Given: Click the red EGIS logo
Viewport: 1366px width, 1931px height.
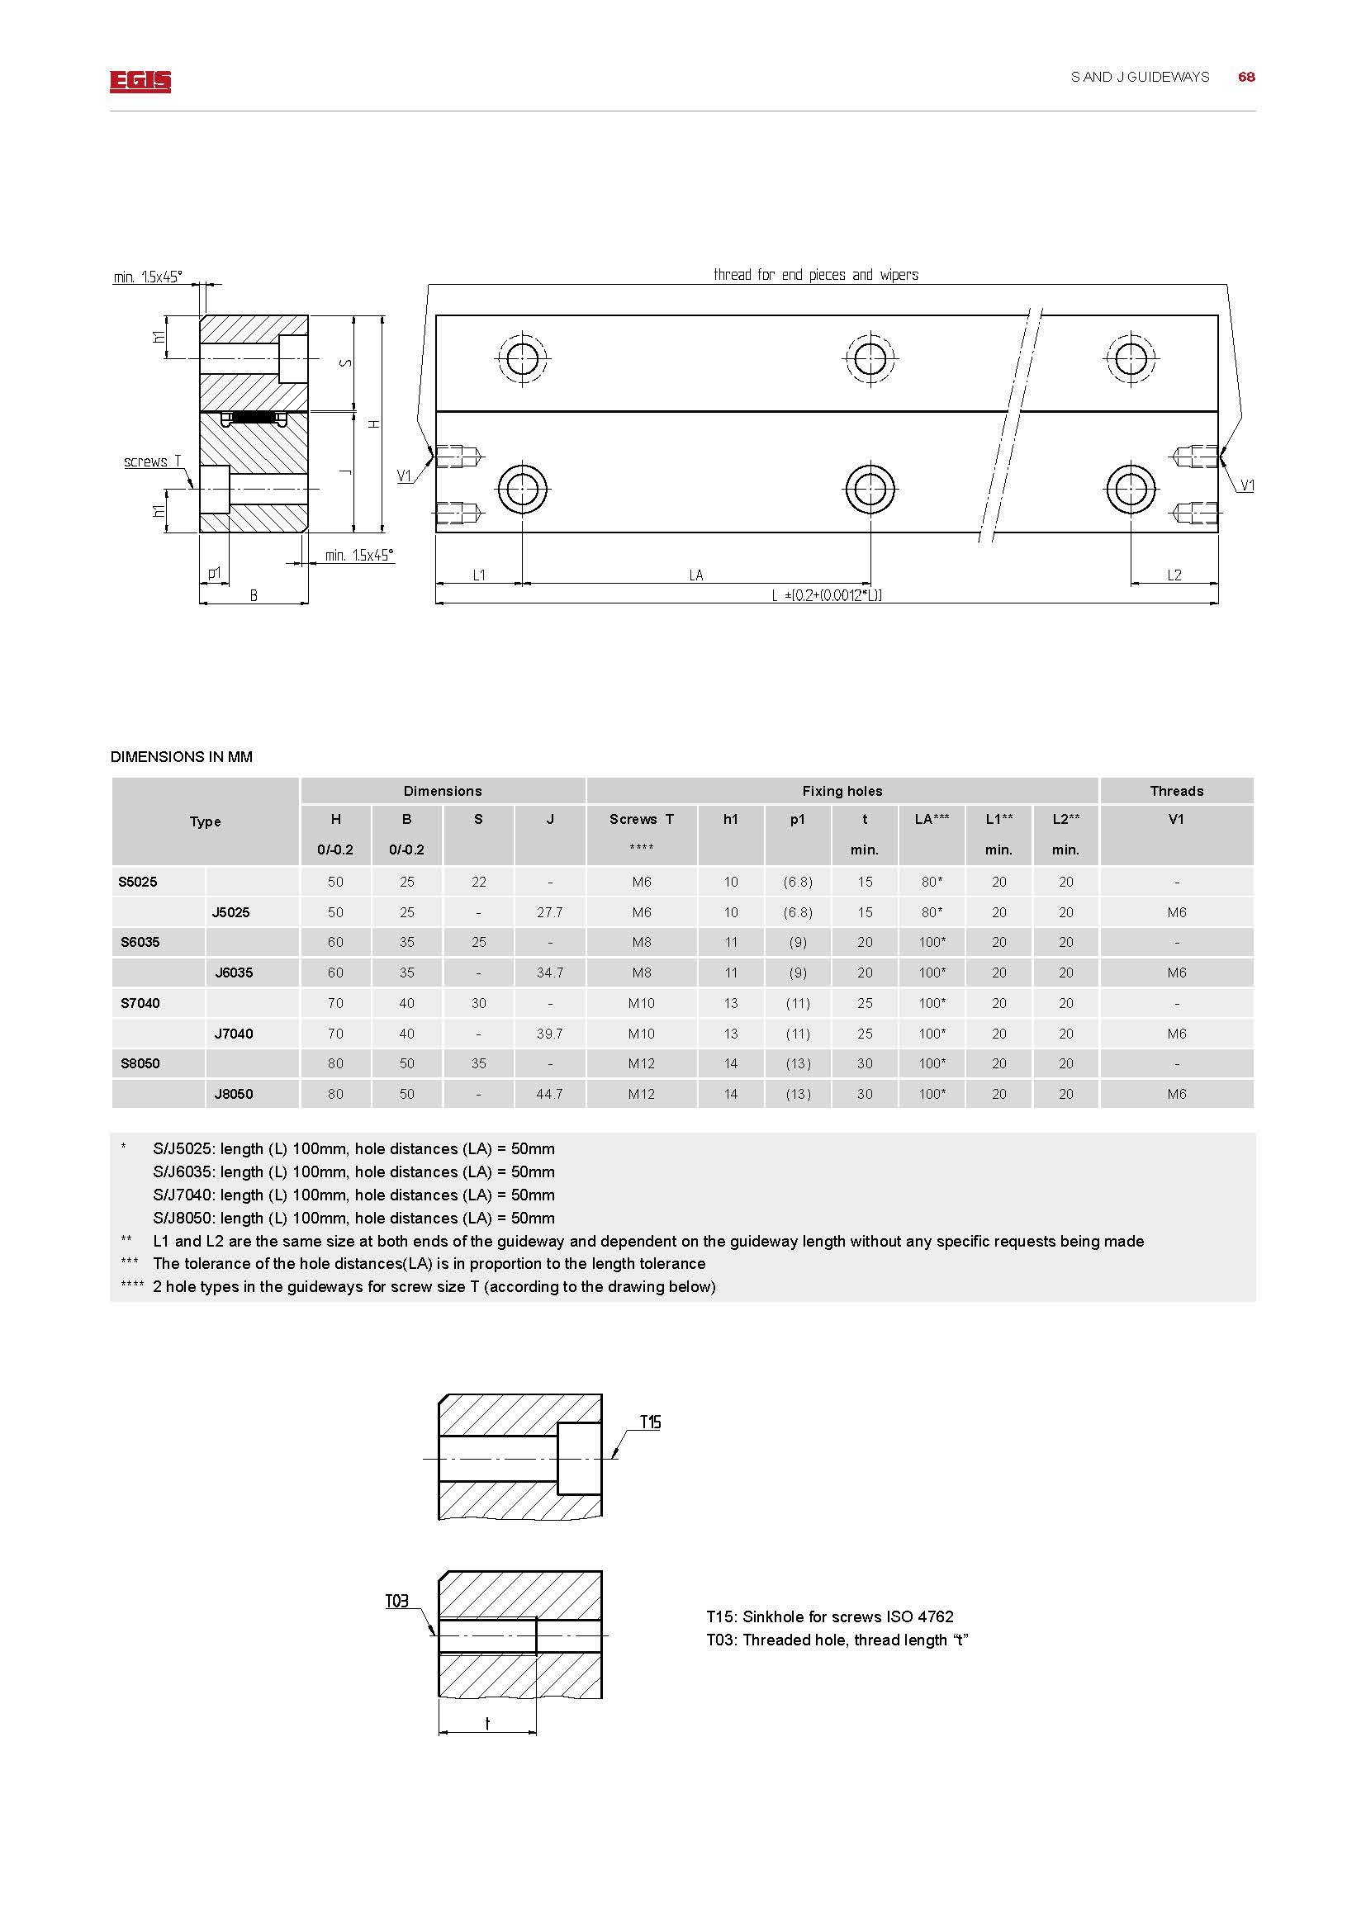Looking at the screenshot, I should click(x=140, y=81).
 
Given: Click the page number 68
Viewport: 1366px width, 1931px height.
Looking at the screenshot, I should click(x=1245, y=77).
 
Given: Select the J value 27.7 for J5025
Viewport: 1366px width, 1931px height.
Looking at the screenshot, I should click(x=549, y=912).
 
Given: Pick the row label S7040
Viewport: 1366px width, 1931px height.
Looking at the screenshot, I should click(x=140, y=1002).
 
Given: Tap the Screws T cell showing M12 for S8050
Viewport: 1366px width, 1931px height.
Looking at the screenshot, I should click(x=641, y=1063).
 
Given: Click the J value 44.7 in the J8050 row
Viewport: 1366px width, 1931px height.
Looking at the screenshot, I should click(x=549, y=1093).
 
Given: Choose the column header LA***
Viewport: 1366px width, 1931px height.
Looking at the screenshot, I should click(x=931, y=819).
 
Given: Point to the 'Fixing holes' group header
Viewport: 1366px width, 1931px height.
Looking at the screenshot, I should click(x=842, y=791).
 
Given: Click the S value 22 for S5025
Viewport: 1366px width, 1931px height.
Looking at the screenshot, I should click(x=479, y=882).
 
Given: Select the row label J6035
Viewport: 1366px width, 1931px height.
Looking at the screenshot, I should click(x=234, y=973).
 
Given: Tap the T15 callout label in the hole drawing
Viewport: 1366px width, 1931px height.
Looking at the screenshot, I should click(x=650, y=1422).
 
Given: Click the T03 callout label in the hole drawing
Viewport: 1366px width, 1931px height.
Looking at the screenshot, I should click(x=396, y=1601).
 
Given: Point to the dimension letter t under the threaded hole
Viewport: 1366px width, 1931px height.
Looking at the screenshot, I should click(x=487, y=1723).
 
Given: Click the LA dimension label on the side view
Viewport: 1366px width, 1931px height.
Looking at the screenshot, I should click(x=695, y=575).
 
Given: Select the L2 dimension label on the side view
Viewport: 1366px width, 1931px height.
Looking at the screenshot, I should click(x=1174, y=575).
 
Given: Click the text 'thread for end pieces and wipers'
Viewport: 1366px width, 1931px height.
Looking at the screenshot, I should click(x=815, y=275).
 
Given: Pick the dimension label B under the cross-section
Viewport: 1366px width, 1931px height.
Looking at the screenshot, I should click(x=254, y=595).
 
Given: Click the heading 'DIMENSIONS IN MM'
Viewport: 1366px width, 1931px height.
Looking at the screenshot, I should click(x=181, y=757).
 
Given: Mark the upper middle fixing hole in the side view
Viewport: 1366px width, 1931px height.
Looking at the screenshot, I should click(x=870, y=359).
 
